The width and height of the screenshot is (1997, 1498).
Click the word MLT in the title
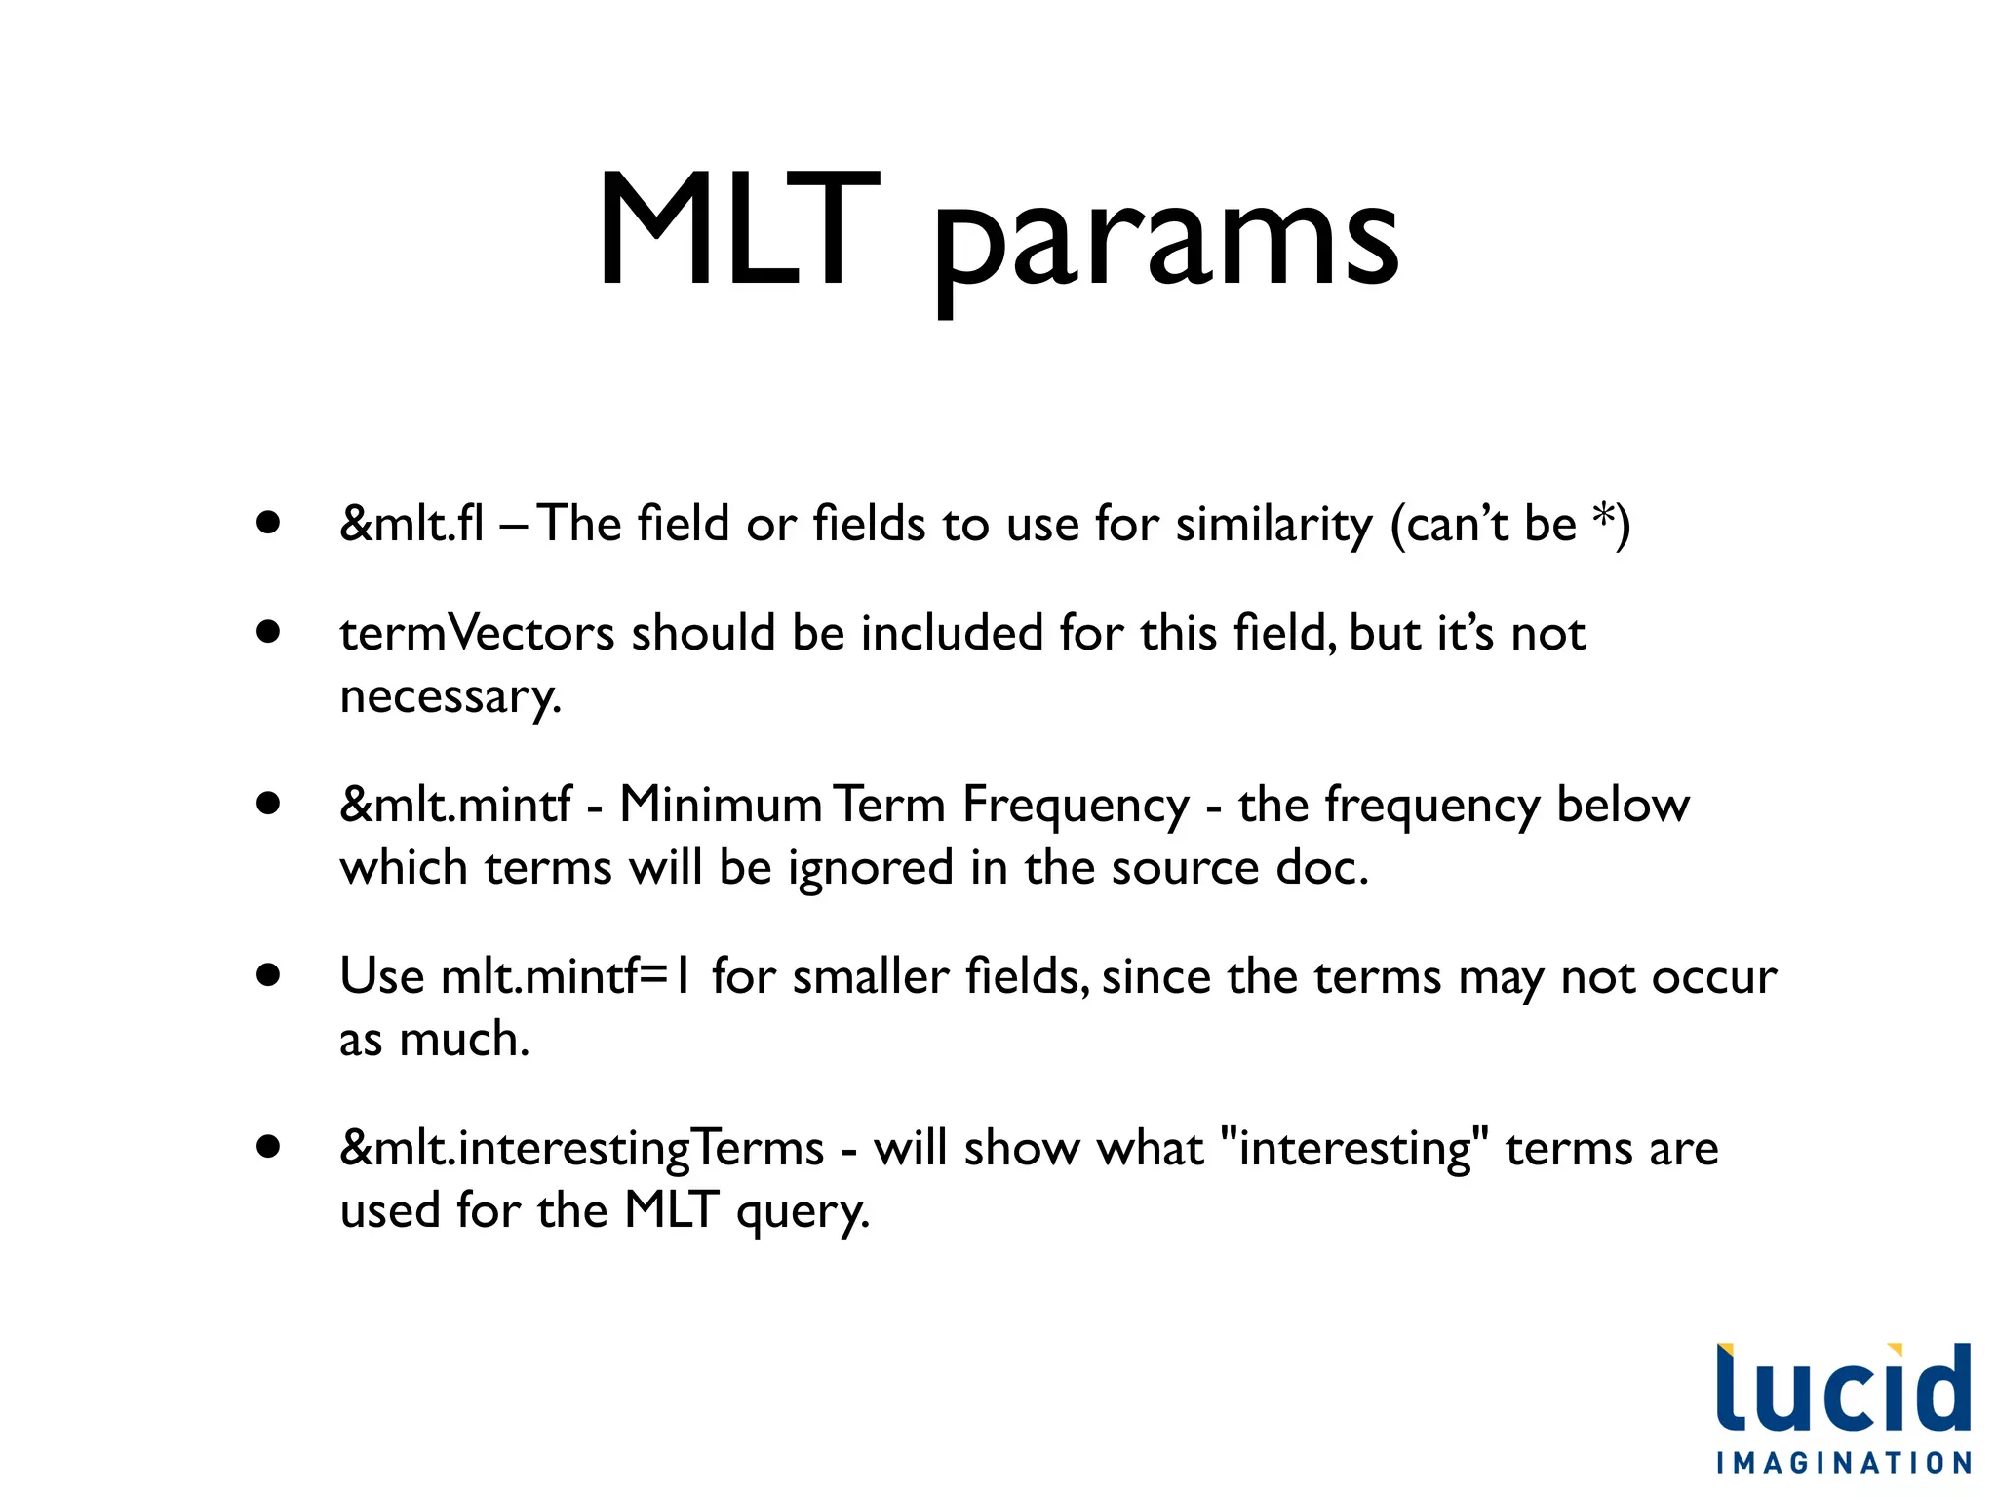click(738, 232)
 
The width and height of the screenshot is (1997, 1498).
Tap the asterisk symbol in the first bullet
click(1601, 518)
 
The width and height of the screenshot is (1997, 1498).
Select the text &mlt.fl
click(411, 524)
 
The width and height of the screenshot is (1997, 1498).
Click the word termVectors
click(477, 633)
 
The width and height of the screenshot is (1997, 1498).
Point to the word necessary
click(450, 697)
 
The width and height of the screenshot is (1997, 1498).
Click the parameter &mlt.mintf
click(455, 805)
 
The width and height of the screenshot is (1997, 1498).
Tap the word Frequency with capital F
click(1076, 808)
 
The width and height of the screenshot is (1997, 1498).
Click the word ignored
click(870, 868)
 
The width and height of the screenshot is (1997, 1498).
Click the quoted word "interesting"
click(1354, 1149)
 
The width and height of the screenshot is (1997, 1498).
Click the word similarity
click(1273, 526)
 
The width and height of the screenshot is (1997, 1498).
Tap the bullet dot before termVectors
click(268, 632)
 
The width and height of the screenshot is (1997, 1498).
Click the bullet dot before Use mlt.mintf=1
click(268, 975)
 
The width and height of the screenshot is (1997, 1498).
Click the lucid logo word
click(1843, 1389)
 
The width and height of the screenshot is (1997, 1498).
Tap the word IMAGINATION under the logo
click(1843, 1463)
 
